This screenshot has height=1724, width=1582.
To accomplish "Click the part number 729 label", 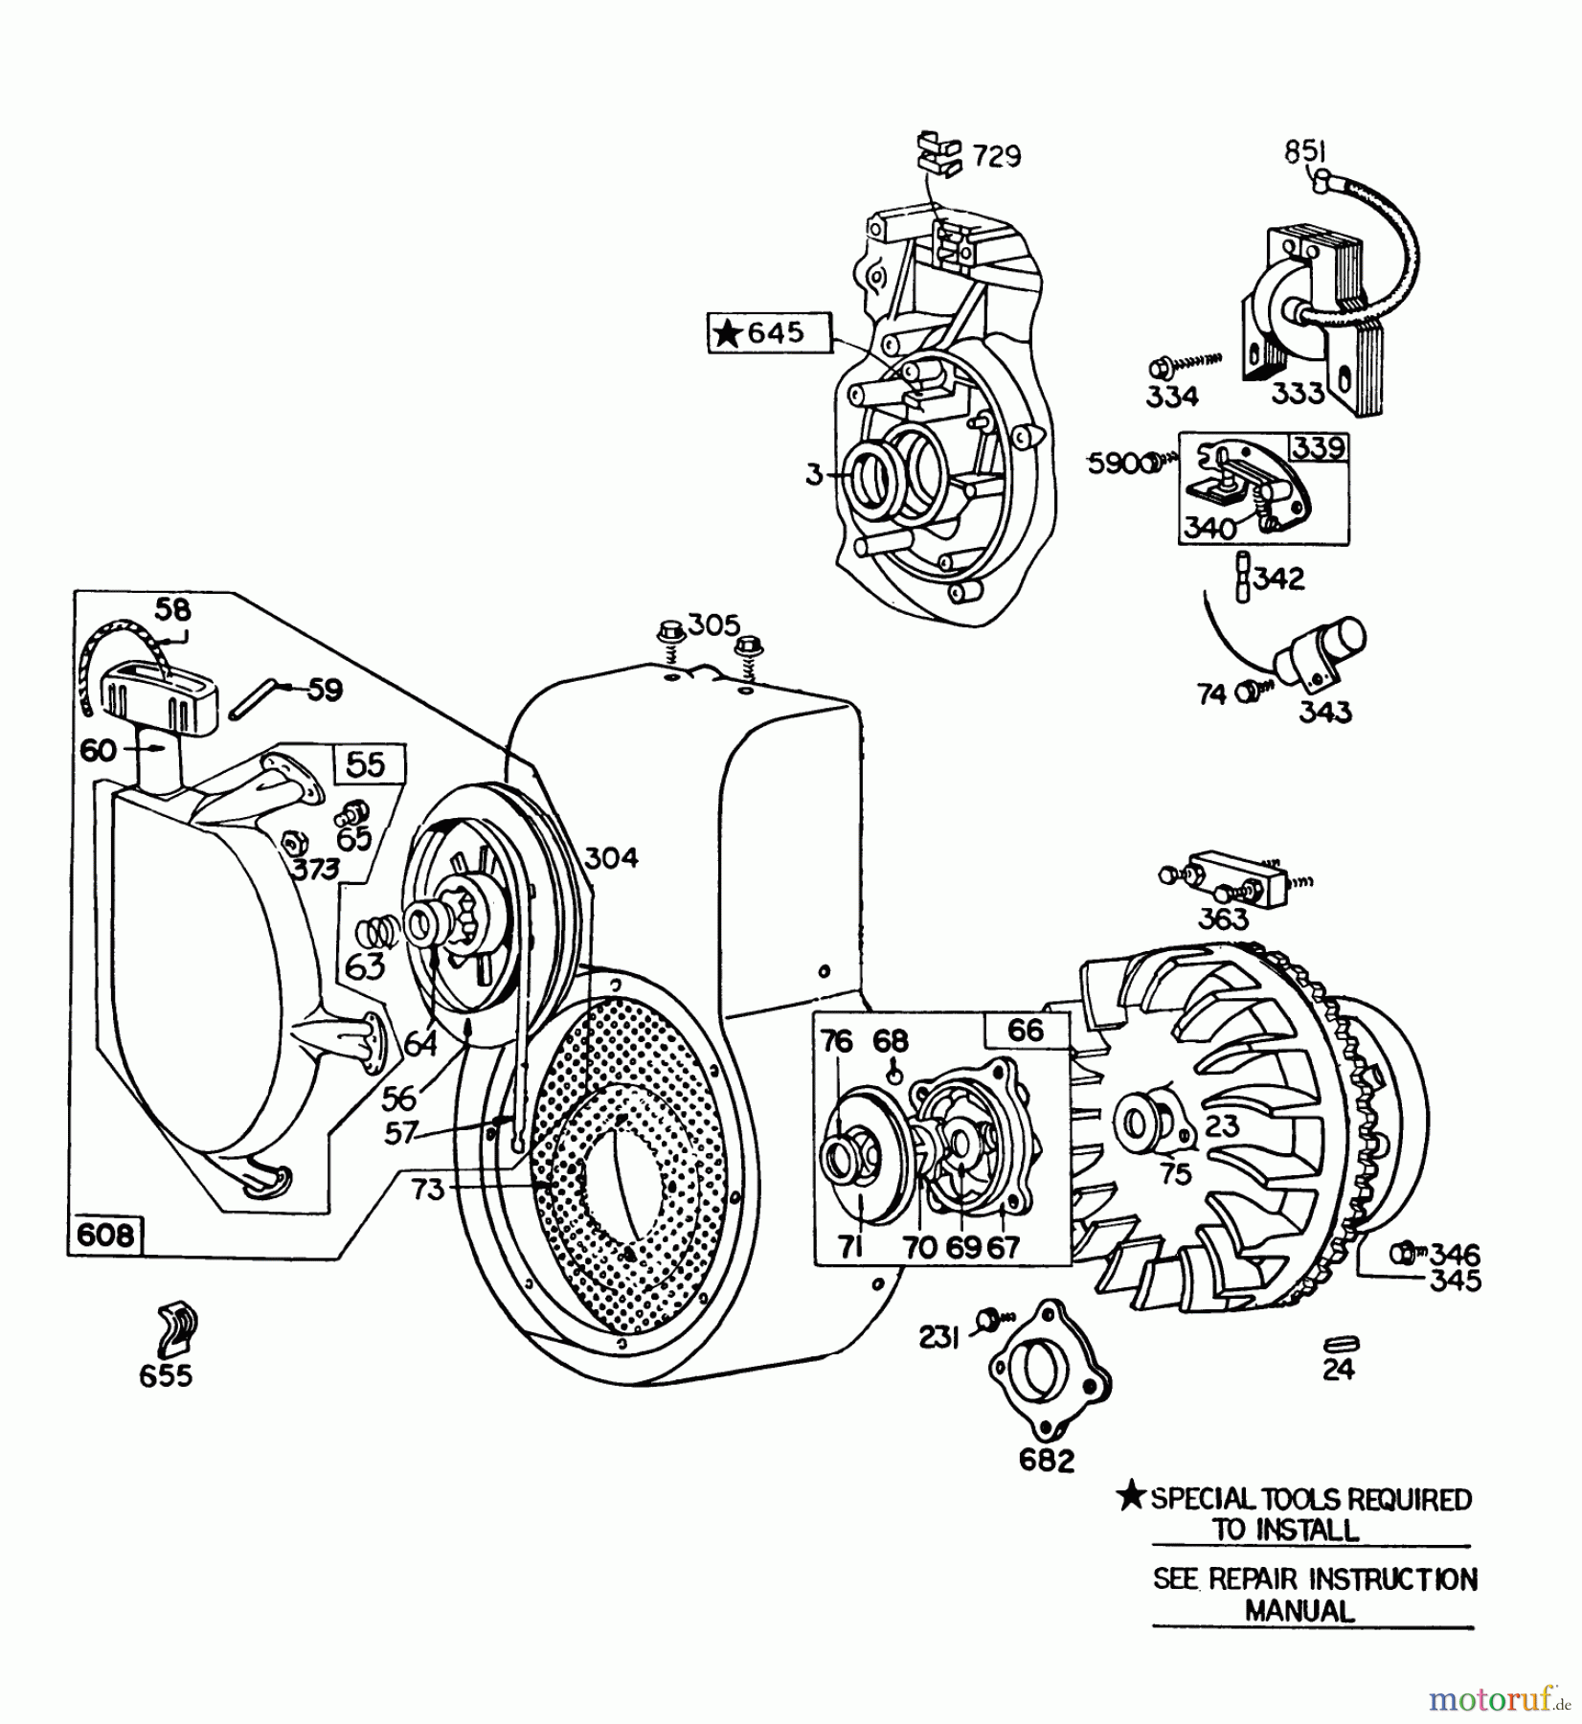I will [x=996, y=155].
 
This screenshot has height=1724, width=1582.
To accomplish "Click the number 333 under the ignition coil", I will [x=1298, y=393].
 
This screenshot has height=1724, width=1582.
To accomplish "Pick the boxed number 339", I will [x=1319, y=448].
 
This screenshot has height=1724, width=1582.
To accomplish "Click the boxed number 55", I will [x=367, y=764].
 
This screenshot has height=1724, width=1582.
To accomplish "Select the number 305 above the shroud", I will [x=714, y=625].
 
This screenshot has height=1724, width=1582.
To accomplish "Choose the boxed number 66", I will [x=1026, y=1031].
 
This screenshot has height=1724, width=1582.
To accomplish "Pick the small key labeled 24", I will [x=1339, y=1343].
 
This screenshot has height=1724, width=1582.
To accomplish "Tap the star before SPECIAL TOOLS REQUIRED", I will [x=1133, y=1497].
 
